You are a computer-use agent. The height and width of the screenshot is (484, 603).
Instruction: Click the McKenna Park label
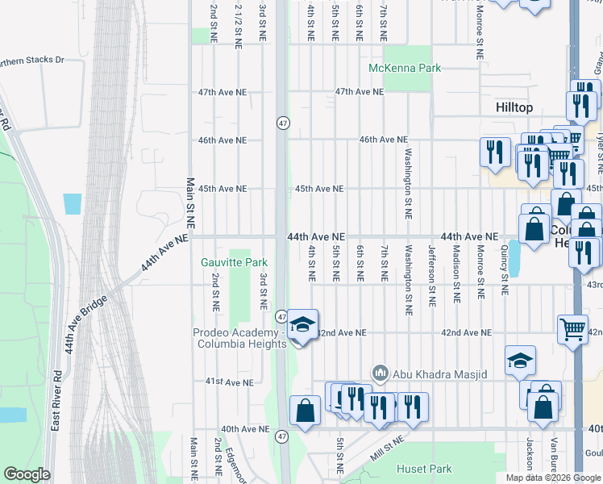(x=405, y=68)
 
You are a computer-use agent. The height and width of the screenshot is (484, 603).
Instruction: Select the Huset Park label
(x=424, y=469)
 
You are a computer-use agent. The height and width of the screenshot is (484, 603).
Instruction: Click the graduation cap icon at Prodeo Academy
(x=302, y=325)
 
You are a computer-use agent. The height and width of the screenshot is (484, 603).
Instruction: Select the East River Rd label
(x=56, y=400)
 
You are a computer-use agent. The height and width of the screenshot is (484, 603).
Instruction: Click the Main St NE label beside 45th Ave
(x=191, y=207)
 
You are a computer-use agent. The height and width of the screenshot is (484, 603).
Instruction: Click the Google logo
(x=27, y=474)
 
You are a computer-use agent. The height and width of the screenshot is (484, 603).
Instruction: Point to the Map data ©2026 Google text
(x=552, y=478)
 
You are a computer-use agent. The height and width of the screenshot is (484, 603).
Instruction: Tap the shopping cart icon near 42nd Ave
(x=572, y=328)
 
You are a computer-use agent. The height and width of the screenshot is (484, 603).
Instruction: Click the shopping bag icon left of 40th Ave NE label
(x=306, y=411)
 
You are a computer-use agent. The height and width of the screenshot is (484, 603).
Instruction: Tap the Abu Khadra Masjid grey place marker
(x=380, y=373)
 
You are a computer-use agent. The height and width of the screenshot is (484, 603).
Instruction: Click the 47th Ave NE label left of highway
(x=222, y=92)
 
